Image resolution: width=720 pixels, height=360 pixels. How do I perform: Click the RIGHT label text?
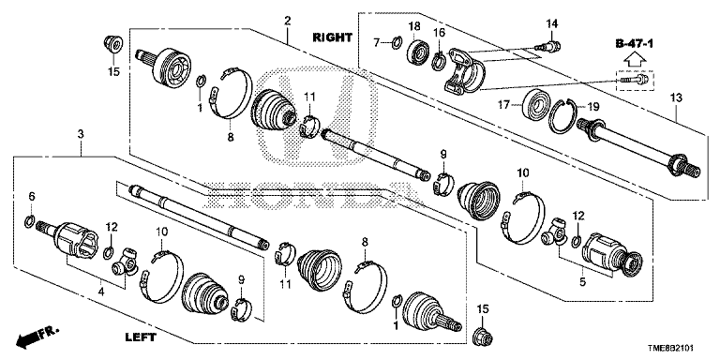[x=333, y=37]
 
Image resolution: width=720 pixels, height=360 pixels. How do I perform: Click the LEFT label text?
[x=141, y=337]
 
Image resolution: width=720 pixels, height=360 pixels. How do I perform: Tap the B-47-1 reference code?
[x=635, y=44]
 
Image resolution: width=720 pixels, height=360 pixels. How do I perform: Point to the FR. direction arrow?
[x=37, y=337]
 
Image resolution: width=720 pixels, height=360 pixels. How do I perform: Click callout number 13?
[x=676, y=97]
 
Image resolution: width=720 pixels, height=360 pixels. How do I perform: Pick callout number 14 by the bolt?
[x=551, y=22]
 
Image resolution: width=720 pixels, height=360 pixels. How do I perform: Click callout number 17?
[x=503, y=106]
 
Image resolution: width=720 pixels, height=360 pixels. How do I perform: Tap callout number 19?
[x=593, y=107]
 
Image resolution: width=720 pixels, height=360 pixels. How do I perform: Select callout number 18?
[x=413, y=25]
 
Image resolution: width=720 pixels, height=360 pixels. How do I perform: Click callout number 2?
[x=288, y=21]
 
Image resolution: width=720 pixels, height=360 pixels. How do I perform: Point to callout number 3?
[x=81, y=134]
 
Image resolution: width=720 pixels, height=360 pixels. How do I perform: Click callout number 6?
[x=31, y=196]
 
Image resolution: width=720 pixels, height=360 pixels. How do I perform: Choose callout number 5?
[x=582, y=282]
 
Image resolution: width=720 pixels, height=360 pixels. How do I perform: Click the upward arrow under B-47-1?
[x=635, y=59]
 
